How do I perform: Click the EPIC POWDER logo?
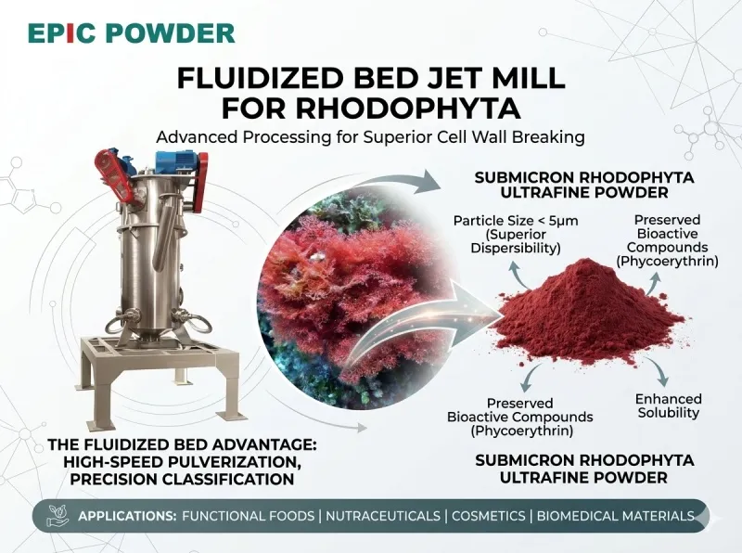pyautogui.click(x=131, y=33)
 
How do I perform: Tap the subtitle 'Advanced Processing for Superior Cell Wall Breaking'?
pyautogui.click(x=370, y=137)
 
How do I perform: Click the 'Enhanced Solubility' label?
pyautogui.click(x=668, y=405)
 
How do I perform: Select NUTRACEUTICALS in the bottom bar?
pyautogui.click(x=378, y=516)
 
